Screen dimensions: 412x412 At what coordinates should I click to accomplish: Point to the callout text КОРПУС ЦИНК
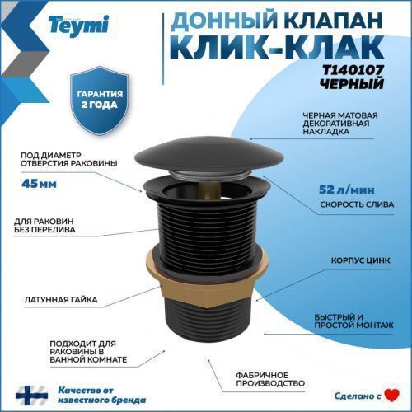pos(358,257)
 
